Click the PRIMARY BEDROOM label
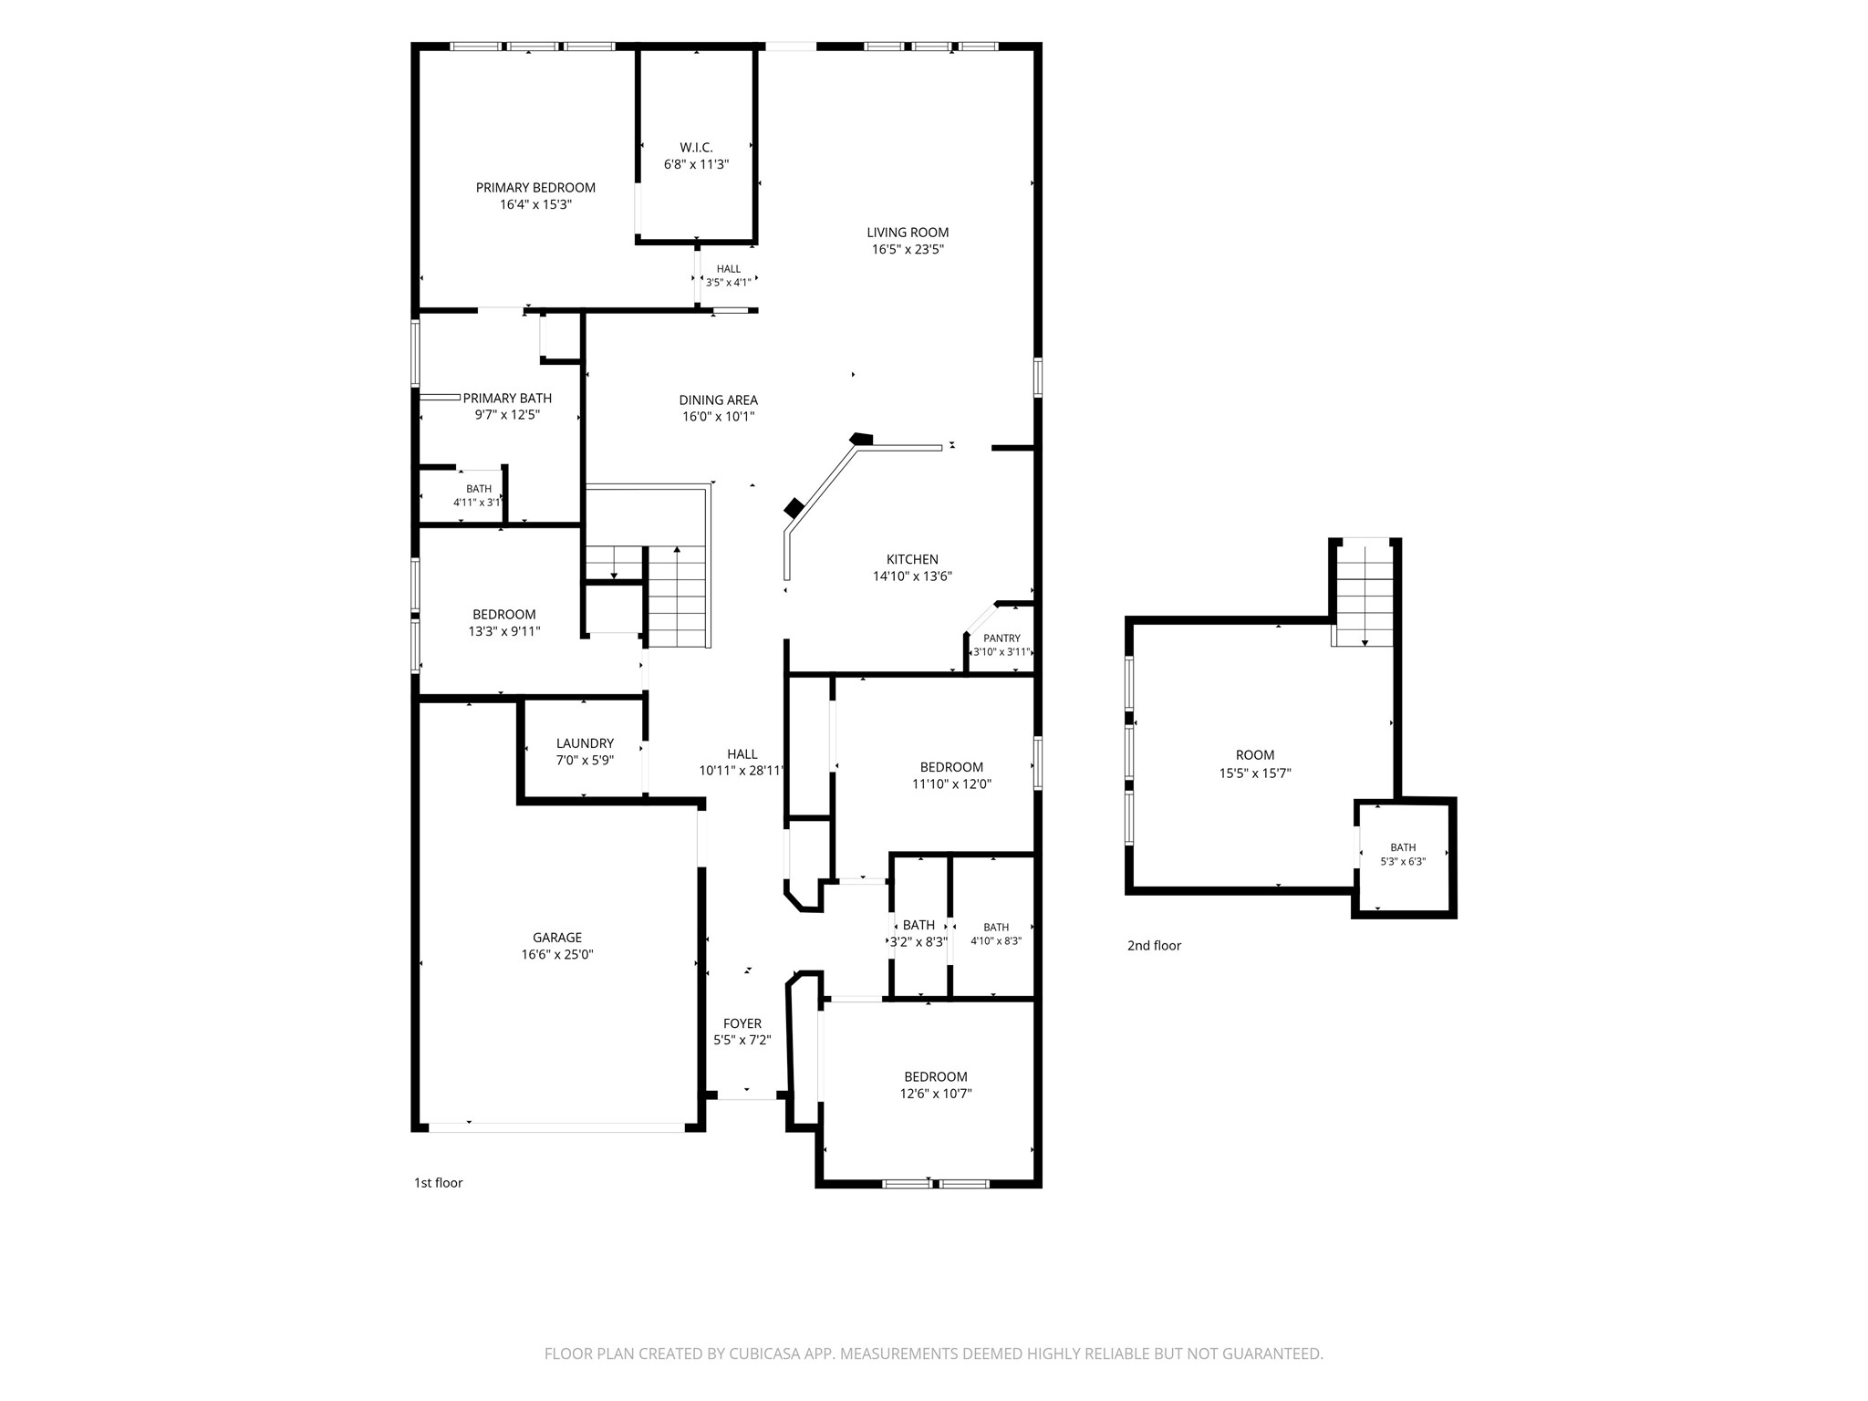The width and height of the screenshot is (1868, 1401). click(535, 188)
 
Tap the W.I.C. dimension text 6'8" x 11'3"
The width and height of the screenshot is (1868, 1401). click(696, 164)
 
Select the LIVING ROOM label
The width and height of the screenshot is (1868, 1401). click(908, 233)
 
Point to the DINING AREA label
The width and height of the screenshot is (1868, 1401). click(718, 400)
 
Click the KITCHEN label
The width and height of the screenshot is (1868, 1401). click(912, 560)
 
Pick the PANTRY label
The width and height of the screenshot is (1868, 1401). click(1001, 638)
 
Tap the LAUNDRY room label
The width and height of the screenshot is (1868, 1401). click(585, 743)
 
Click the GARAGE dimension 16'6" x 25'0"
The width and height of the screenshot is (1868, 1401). click(557, 955)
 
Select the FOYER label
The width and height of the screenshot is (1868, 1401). click(742, 1024)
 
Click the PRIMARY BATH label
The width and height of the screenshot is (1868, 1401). click(507, 399)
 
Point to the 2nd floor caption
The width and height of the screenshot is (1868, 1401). click(1154, 946)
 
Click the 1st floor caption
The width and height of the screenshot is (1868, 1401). click(439, 1183)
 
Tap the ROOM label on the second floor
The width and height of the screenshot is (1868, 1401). click(1255, 755)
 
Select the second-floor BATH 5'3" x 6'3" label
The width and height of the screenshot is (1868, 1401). click(1403, 855)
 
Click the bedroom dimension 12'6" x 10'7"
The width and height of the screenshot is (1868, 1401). click(936, 1094)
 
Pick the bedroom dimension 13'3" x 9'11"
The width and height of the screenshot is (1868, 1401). click(504, 631)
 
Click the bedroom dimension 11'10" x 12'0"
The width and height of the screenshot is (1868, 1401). click(951, 784)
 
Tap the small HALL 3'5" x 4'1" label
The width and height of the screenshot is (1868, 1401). click(728, 275)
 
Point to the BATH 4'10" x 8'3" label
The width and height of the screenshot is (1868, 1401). click(996, 934)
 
